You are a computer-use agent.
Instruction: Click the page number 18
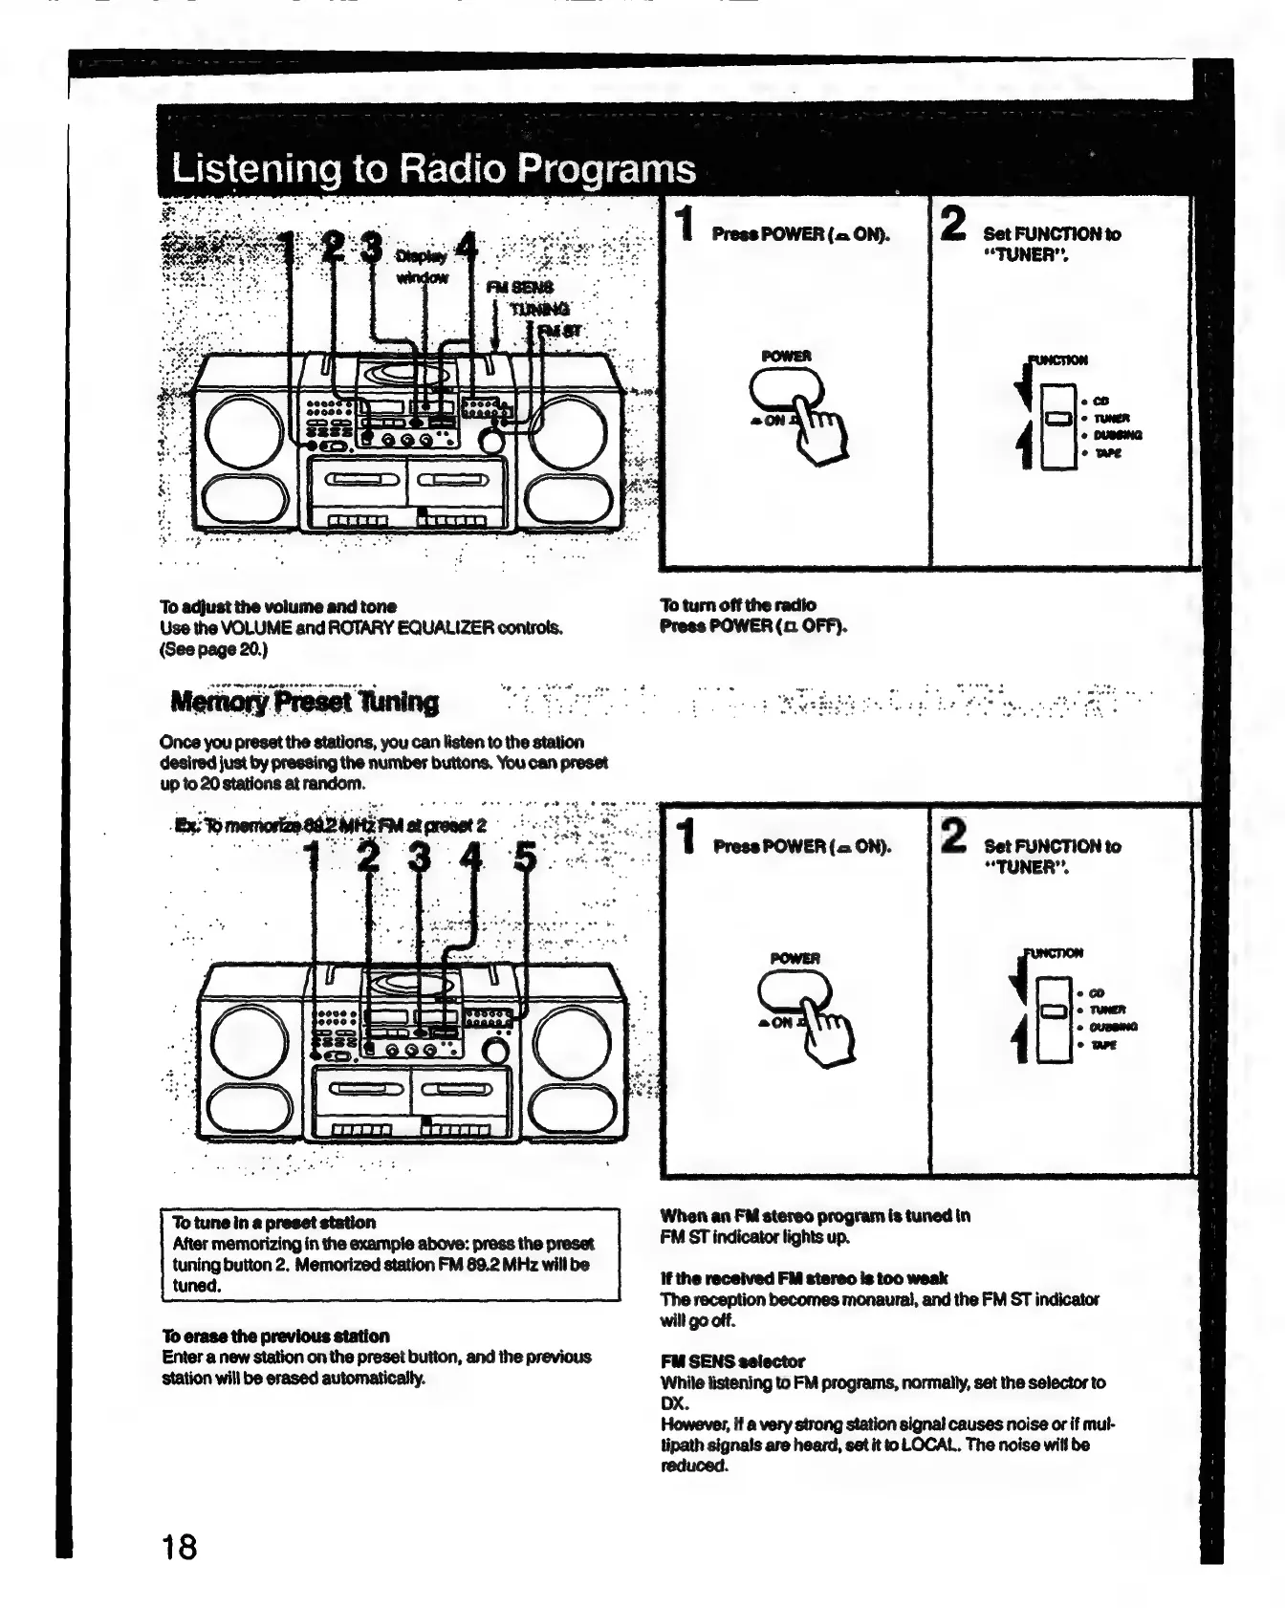click(179, 1546)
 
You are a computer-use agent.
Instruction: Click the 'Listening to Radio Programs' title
click(433, 168)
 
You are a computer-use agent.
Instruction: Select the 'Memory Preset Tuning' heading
click(304, 702)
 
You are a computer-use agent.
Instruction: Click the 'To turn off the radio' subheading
click(738, 604)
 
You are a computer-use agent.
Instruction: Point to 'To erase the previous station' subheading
click(275, 1336)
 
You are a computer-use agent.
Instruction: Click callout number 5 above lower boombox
click(525, 857)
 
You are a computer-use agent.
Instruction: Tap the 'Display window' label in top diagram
click(422, 267)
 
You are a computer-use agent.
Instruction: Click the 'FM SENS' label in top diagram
click(519, 287)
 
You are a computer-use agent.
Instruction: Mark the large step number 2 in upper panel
click(953, 224)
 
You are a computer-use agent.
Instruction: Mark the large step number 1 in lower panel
click(685, 835)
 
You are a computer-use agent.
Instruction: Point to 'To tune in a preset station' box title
click(273, 1222)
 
